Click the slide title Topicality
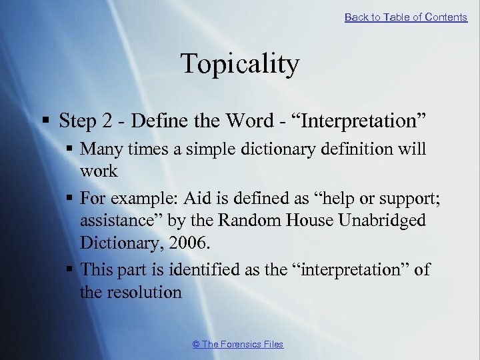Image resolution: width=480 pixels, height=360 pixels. (239, 65)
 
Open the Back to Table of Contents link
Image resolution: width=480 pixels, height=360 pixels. (405, 17)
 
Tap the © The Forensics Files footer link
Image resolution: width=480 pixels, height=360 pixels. (238, 344)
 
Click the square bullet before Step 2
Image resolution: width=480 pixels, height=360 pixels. (45, 121)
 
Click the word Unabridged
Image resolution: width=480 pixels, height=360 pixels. (385, 220)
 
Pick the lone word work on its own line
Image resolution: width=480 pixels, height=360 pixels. (99, 171)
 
